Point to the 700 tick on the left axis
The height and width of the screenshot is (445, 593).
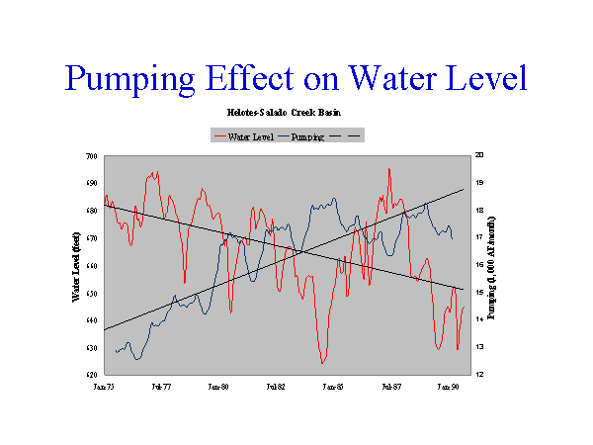(x=92, y=156)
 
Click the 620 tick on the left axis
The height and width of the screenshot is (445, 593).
(x=92, y=376)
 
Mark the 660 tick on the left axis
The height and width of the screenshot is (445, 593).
(x=92, y=266)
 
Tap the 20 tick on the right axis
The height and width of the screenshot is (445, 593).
(x=479, y=156)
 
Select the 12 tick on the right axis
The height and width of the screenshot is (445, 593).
(x=479, y=376)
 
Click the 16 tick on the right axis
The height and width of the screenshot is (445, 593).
(x=479, y=266)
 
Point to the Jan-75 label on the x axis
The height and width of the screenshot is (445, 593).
(x=104, y=389)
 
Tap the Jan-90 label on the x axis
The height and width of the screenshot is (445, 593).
(x=450, y=389)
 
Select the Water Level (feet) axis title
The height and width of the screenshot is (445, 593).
(x=75, y=265)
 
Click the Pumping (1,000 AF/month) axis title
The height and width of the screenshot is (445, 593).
(x=494, y=265)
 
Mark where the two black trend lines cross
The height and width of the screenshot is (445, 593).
(x=300, y=251)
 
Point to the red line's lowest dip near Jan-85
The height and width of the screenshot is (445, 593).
(x=322, y=363)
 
